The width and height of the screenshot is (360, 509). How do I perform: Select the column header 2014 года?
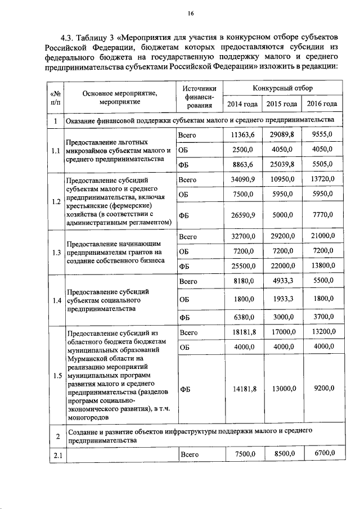point(242,104)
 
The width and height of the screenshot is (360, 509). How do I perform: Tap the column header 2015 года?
point(282,104)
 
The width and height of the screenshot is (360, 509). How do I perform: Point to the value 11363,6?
point(242,136)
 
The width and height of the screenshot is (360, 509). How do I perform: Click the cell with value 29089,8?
point(282,136)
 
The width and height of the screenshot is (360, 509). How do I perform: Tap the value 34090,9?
point(242,179)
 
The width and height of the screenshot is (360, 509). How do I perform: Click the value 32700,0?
point(242,236)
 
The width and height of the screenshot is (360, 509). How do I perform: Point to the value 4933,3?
point(282,280)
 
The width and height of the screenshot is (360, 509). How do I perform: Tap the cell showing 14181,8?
point(242,388)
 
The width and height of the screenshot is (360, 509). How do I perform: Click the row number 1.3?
point(55,252)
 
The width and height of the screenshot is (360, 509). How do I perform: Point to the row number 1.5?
point(55,376)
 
